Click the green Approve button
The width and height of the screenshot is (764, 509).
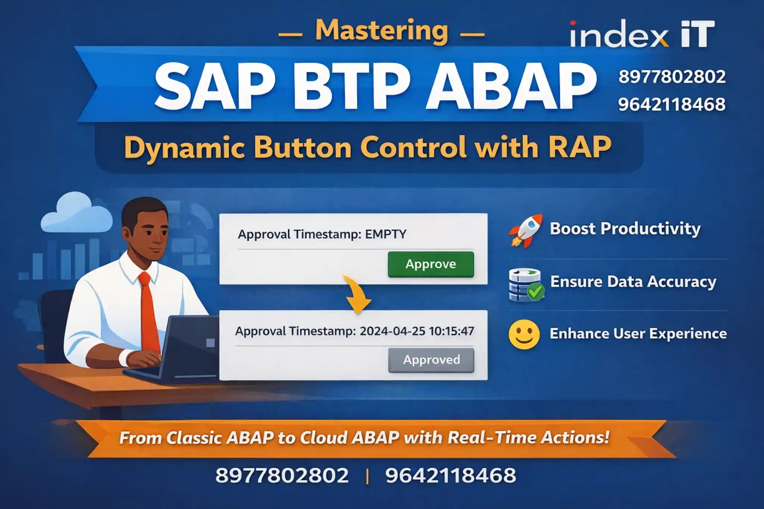tap(430, 264)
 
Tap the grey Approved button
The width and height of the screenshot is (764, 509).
tap(431, 360)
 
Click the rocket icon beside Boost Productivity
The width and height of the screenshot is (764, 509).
tap(526, 230)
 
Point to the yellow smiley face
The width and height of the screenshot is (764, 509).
tap(524, 334)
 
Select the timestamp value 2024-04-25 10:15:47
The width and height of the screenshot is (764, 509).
tap(417, 331)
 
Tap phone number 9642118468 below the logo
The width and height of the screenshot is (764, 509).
tap(671, 104)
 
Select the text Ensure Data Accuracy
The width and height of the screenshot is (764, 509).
tap(633, 282)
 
